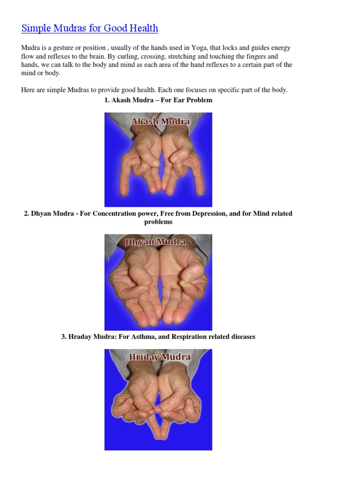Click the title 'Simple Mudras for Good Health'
click(x=90, y=28)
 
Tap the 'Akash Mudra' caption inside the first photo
click(x=160, y=122)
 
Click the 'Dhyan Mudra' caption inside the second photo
click(x=155, y=242)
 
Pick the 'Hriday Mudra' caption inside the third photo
click(x=159, y=357)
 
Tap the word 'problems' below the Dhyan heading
click(x=158, y=222)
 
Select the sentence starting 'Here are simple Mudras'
click(x=154, y=90)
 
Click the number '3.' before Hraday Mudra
click(x=64, y=337)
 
